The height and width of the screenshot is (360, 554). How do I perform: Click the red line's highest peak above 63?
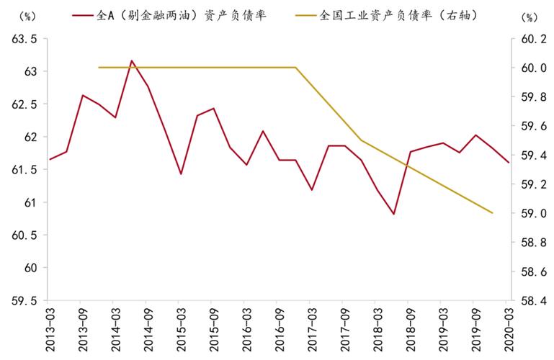[131, 60]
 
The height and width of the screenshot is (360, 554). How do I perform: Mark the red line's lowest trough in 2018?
[393, 214]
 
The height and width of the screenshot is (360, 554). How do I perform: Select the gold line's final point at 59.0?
[492, 213]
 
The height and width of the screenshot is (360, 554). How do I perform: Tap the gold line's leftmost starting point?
[99, 67]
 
